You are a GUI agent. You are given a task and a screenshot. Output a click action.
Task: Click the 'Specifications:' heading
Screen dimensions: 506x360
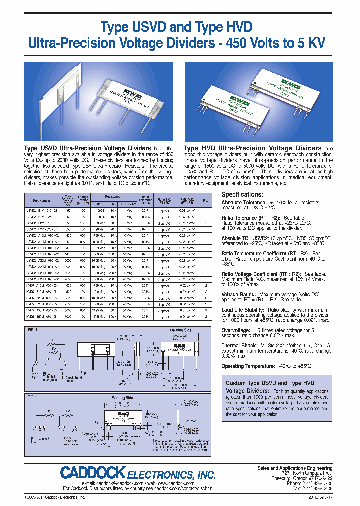pos(242,194)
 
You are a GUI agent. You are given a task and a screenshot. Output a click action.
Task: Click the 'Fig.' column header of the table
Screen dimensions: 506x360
pos(205,201)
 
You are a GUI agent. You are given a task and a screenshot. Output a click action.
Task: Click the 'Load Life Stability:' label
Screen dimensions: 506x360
pos(244,310)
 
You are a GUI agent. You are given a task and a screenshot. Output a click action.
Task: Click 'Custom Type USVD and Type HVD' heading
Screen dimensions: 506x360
pos(270,383)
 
